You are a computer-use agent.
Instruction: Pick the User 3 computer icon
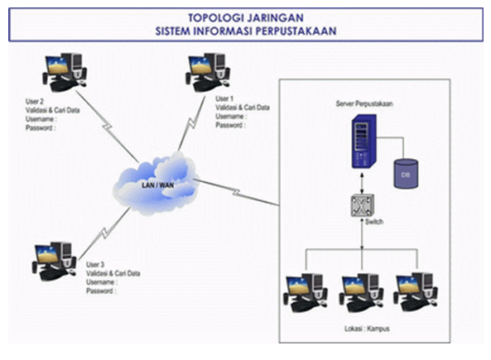click(x=54, y=260)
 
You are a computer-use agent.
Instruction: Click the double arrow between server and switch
click(x=359, y=179)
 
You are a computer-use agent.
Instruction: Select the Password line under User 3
click(x=101, y=291)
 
